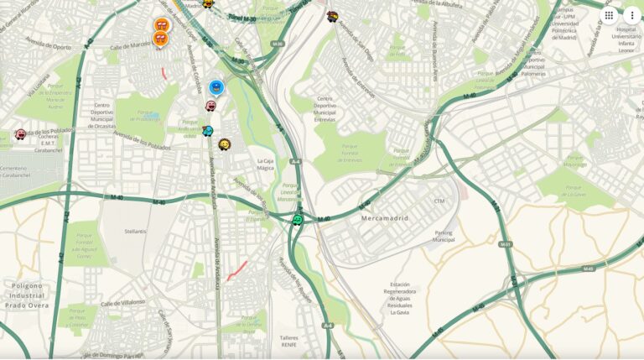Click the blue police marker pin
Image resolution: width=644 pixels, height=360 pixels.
216,86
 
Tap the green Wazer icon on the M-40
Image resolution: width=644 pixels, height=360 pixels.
297,220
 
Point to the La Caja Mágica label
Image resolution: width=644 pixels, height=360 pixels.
266,164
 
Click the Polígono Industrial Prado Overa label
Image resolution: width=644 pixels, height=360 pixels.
26,295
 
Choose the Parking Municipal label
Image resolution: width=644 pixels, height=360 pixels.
444,236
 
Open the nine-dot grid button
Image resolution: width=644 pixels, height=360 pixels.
609,15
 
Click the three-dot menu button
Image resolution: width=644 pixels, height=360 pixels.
631,15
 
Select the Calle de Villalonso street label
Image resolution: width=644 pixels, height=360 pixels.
122,302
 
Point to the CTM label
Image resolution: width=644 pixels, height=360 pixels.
439,201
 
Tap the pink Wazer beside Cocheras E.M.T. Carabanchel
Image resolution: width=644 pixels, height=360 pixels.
20,134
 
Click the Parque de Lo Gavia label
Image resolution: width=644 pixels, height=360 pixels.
576,191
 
